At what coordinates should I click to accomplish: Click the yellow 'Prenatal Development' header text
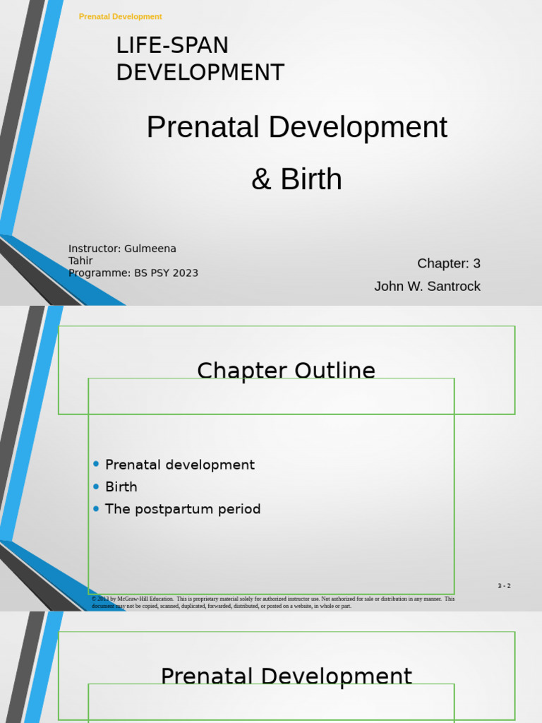(x=120, y=16)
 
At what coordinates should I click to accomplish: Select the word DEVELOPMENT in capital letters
(x=200, y=73)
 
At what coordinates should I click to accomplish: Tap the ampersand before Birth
(x=261, y=179)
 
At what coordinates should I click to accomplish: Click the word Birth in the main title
(x=311, y=179)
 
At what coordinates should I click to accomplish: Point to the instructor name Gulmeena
(x=150, y=249)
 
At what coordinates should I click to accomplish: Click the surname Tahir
(x=80, y=261)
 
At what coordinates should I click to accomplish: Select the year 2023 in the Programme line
(x=185, y=273)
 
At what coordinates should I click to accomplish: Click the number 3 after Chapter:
(x=476, y=263)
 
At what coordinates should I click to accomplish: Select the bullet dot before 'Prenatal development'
(x=96, y=464)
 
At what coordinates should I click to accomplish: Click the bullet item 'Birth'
(x=121, y=486)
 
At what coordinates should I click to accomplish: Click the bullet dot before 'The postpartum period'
(x=96, y=508)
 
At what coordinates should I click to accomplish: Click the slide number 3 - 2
(x=504, y=586)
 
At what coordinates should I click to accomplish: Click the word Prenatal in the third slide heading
(x=207, y=676)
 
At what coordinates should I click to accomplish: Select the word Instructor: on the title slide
(x=95, y=249)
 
